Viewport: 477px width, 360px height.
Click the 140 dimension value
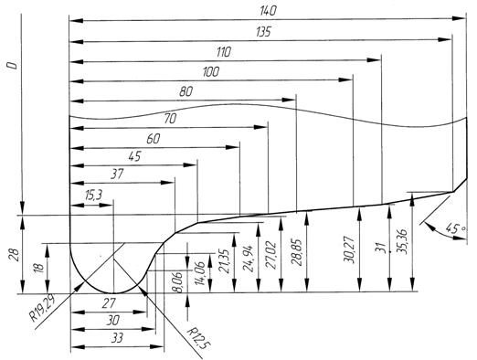coord(269,11)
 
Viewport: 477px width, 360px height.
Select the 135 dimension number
coord(263,32)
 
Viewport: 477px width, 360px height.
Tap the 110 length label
coord(224,52)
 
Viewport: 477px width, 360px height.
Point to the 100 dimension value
coord(211,72)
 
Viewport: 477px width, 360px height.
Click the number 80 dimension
coord(185,91)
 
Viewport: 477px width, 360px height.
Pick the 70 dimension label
coord(170,119)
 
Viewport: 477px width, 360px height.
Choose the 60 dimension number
coord(153,139)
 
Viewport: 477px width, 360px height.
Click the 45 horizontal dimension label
coord(134,156)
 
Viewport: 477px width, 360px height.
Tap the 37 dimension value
coord(117,174)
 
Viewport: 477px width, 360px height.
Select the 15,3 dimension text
coord(94,196)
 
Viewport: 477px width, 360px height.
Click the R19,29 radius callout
coord(43,307)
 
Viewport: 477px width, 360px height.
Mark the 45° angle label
coord(455,228)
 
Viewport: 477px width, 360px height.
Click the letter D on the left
coord(13,65)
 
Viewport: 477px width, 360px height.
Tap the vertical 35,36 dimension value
coord(402,241)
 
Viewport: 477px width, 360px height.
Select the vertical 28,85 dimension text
coord(297,252)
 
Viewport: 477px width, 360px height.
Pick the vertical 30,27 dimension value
coord(349,249)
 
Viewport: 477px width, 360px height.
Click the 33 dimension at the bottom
coord(118,338)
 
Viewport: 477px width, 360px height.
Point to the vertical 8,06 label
coord(178,282)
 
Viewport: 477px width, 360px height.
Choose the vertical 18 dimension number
coord(39,268)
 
